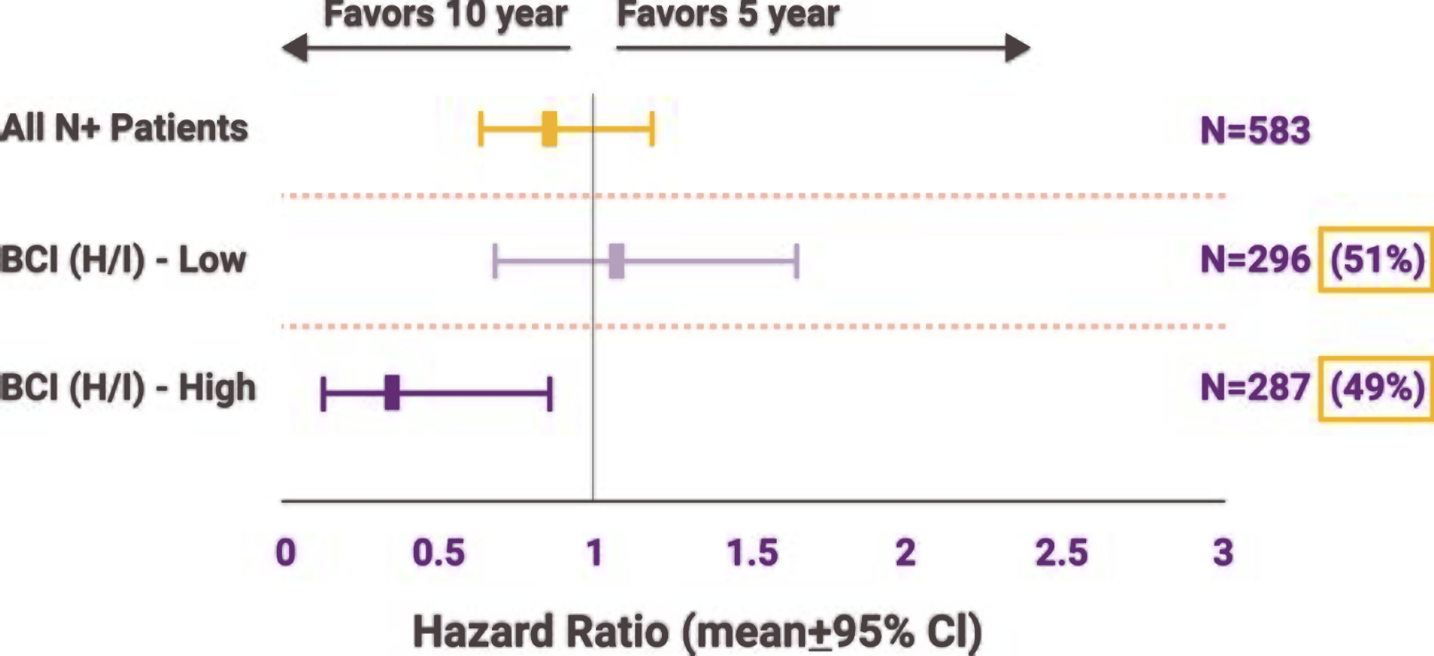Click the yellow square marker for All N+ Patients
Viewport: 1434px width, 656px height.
pos(550,129)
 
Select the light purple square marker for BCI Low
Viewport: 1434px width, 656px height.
pos(616,261)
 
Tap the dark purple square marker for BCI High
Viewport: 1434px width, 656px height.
pos(392,393)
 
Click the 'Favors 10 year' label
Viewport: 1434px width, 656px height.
pos(445,14)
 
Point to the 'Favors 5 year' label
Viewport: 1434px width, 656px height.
pos(728,14)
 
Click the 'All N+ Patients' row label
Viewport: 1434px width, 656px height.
pos(125,128)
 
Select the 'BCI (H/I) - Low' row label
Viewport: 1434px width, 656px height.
pos(123,260)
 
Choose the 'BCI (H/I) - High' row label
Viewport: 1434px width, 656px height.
pos(128,388)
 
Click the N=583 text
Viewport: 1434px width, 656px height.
pos(1255,131)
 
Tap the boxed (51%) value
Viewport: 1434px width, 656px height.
pos(1376,260)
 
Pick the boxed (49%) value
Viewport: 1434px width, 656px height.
pos(1376,388)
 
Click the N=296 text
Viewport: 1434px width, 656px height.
pos(1255,260)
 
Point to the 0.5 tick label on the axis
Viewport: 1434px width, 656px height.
pos(439,553)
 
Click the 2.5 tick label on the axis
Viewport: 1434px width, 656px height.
pos(1061,553)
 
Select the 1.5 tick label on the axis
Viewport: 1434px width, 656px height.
pos(753,553)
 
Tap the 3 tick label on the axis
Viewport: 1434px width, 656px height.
pos(1223,553)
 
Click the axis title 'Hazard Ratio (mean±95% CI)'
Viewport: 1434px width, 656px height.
pos(697,632)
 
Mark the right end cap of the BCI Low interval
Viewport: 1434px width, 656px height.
pos(796,261)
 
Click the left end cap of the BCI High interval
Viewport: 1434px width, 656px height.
pos(324,393)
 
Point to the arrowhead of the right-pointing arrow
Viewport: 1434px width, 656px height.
pos(1019,48)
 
